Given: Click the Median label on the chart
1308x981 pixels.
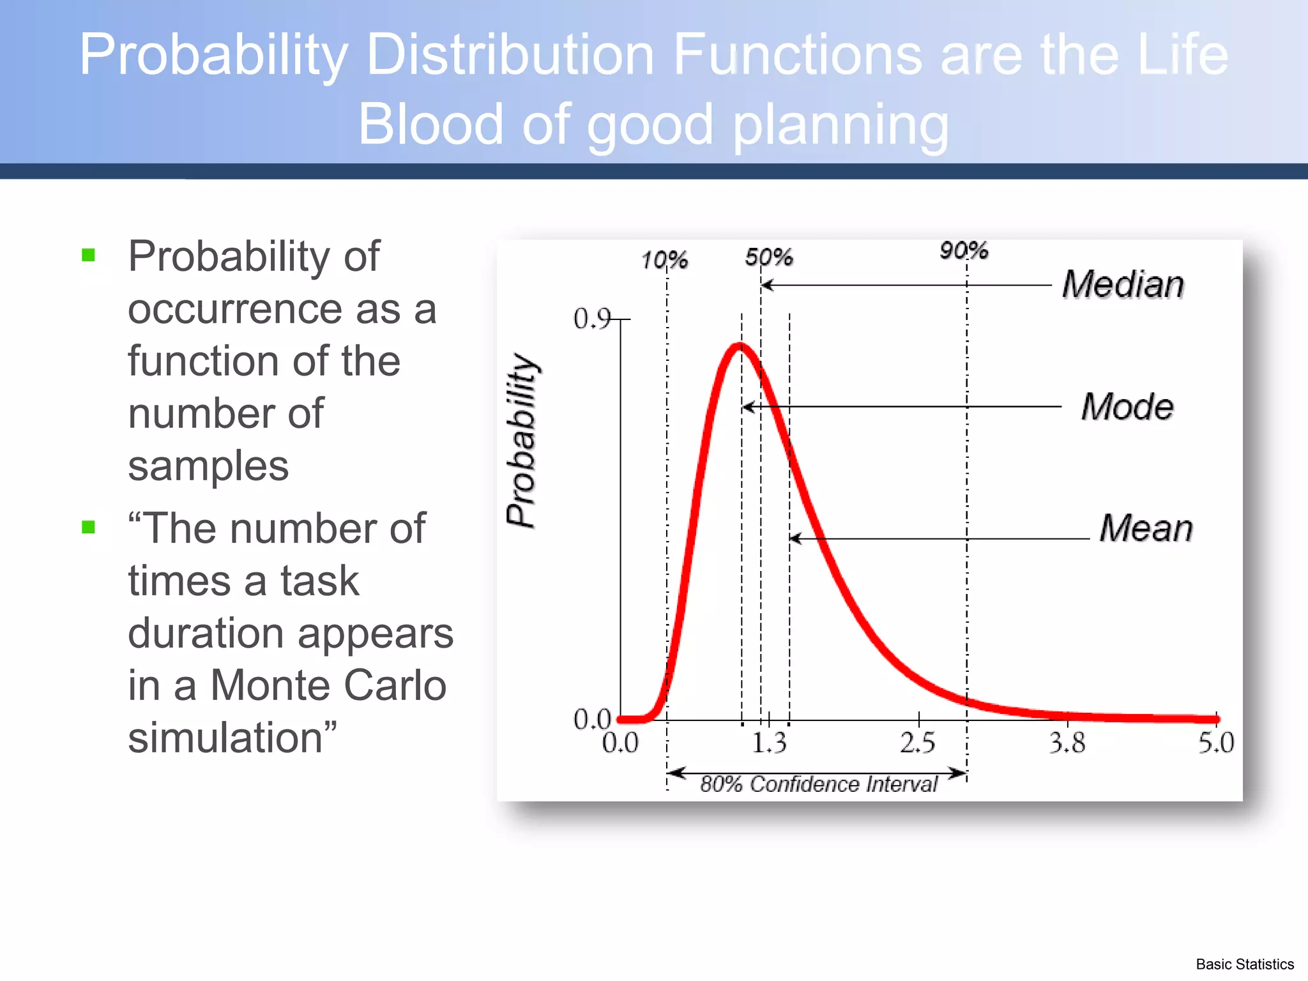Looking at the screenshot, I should (x=1123, y=284).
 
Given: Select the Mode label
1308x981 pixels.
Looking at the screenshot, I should (x=1127, y=407).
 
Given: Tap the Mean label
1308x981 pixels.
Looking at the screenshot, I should (x=1146, y=528).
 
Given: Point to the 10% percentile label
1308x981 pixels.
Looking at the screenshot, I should (x=664, y=261).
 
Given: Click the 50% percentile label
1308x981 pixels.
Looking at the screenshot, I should (x=769, y=257).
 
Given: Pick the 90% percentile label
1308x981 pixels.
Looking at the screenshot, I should (x=964, y=250).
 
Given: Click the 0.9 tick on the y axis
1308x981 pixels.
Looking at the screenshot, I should (x=592, y=319).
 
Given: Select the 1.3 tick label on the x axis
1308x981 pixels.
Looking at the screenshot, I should (x=769, y=743).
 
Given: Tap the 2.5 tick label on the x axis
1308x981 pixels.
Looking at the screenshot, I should (x=918, y=743).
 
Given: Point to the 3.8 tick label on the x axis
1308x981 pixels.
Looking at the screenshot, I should (x=1067, y=743).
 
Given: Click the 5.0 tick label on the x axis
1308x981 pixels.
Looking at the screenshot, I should (x=1216, y=743).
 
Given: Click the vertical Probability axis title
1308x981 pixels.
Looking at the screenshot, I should (x=522, y=441).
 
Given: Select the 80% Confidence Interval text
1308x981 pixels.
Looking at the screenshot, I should (x=819, y=784).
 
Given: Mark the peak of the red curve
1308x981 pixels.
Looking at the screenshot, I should (x=739, y=346).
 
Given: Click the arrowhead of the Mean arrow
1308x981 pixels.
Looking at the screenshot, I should (x=795, y=538).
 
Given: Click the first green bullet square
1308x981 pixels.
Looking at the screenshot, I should (x=88, y=255).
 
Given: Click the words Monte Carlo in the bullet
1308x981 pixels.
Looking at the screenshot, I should (x=328, y=685).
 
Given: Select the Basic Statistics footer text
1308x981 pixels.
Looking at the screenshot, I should (x=1244, y=964).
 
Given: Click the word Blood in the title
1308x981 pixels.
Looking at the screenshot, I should (x=430, y=124).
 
